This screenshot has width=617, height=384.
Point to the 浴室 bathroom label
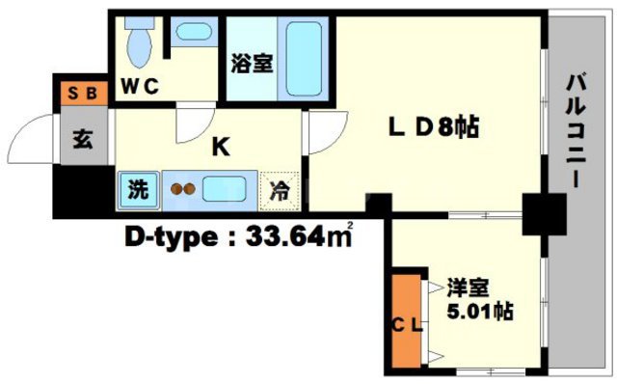(x=251, y=66)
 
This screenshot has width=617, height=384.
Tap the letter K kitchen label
(x=220, y=147)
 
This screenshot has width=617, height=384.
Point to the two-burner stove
(x=183, y=189)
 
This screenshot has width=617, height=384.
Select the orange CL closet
(x=406, y=324)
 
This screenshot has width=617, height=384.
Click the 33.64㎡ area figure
(x=295, y=235)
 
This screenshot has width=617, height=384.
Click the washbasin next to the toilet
(x=193, y=31)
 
